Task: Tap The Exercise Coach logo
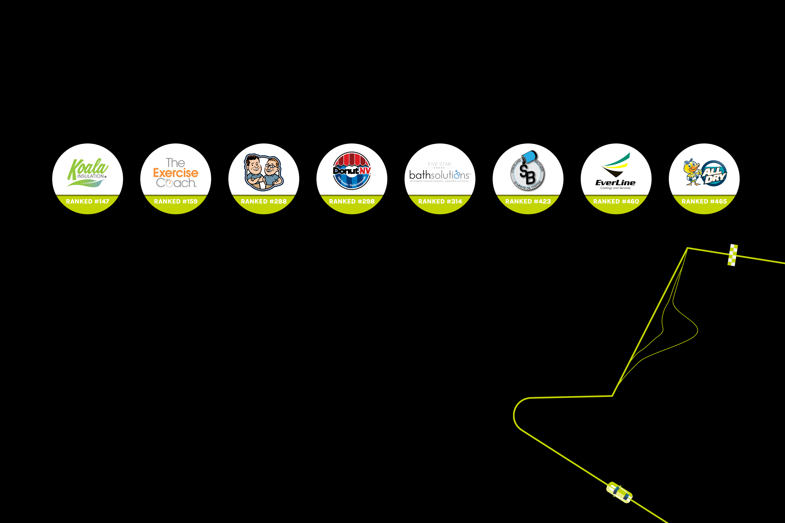pyautogui.click(x=176, y=173)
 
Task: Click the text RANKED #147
pyautogui.click(x=87, y=202)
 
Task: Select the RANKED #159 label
pyautogui.click(x=176, y=202)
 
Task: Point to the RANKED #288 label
pyautogui.click(x=264, y=202)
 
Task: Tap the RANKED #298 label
pyautogui.click(x=352, y=202)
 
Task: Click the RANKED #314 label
pyautogui.click(x=440, y=202)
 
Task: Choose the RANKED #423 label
pyautogui.click(x=528, y=202)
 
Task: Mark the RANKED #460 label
pyautogui.click(x=616, y=202)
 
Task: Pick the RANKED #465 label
pyautogui.click(x=704, y=202)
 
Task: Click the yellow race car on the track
pyautogui.click(x=619, y=492)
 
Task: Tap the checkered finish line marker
pyautogui.click(x=733, y=255)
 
